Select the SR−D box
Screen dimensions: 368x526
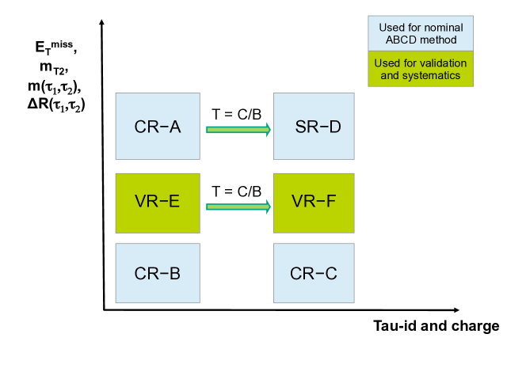(x=312, y=127)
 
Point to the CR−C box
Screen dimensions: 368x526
(x=312, y=275)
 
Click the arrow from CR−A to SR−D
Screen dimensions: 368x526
(x=238, y=129)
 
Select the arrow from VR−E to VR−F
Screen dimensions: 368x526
(x=238, y=207)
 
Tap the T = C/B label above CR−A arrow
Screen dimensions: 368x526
(x=237, y=113)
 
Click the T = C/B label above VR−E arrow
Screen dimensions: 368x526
(x=237, y=191)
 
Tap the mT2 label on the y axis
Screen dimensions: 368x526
(x=55, y=70)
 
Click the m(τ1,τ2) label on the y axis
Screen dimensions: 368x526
(x=55, y=85)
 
